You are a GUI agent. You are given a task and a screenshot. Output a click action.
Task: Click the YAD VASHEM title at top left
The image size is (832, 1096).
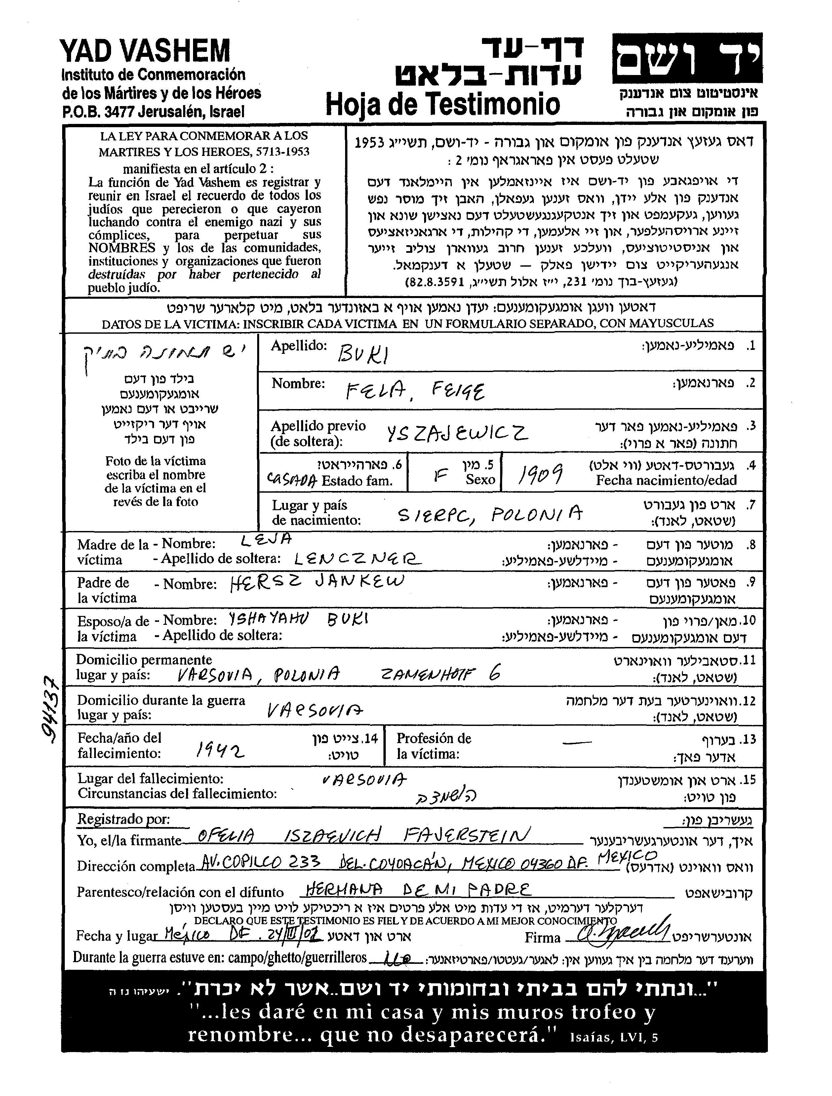pos(145,51)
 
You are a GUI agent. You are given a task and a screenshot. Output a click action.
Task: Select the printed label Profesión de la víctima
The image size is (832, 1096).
pos(434,746)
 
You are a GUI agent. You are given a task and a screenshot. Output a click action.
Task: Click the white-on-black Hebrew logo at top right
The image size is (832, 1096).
pos(687,58)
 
